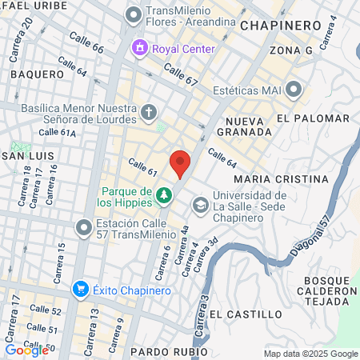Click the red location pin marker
point(180,162)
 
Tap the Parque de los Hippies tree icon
point(164,194)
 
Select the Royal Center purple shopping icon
point(141,49)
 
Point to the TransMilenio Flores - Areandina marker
point(134,14)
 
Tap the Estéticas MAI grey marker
point(294,88)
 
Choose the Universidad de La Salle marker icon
point(198,207)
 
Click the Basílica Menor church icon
point(149,112)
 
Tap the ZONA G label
point(290,50)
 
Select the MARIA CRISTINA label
point(282,178)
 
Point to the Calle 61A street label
point(57,132)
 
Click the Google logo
point(26,350)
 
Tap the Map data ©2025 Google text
point(311,354)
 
